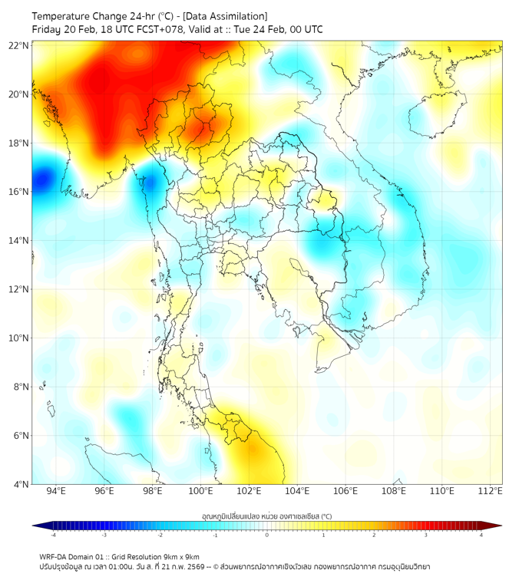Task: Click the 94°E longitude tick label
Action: (56, 491)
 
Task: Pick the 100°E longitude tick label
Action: (201, 491)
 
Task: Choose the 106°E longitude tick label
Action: (345, 491)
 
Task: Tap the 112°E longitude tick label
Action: (490, 491)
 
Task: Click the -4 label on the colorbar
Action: (52, 535)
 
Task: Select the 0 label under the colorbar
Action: (267, 535)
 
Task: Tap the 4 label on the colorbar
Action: (481, 535)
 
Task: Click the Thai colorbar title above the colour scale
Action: (266, 516)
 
